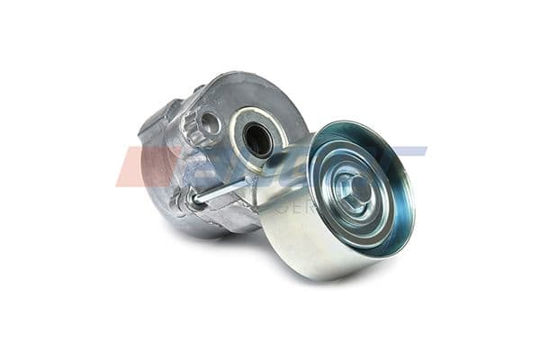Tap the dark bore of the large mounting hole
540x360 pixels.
(x=258, y=138)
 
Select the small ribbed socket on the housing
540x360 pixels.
(x=207, y=123)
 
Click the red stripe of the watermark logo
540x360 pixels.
(x=135, y=166)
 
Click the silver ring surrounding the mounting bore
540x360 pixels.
(x=243, y=126)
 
